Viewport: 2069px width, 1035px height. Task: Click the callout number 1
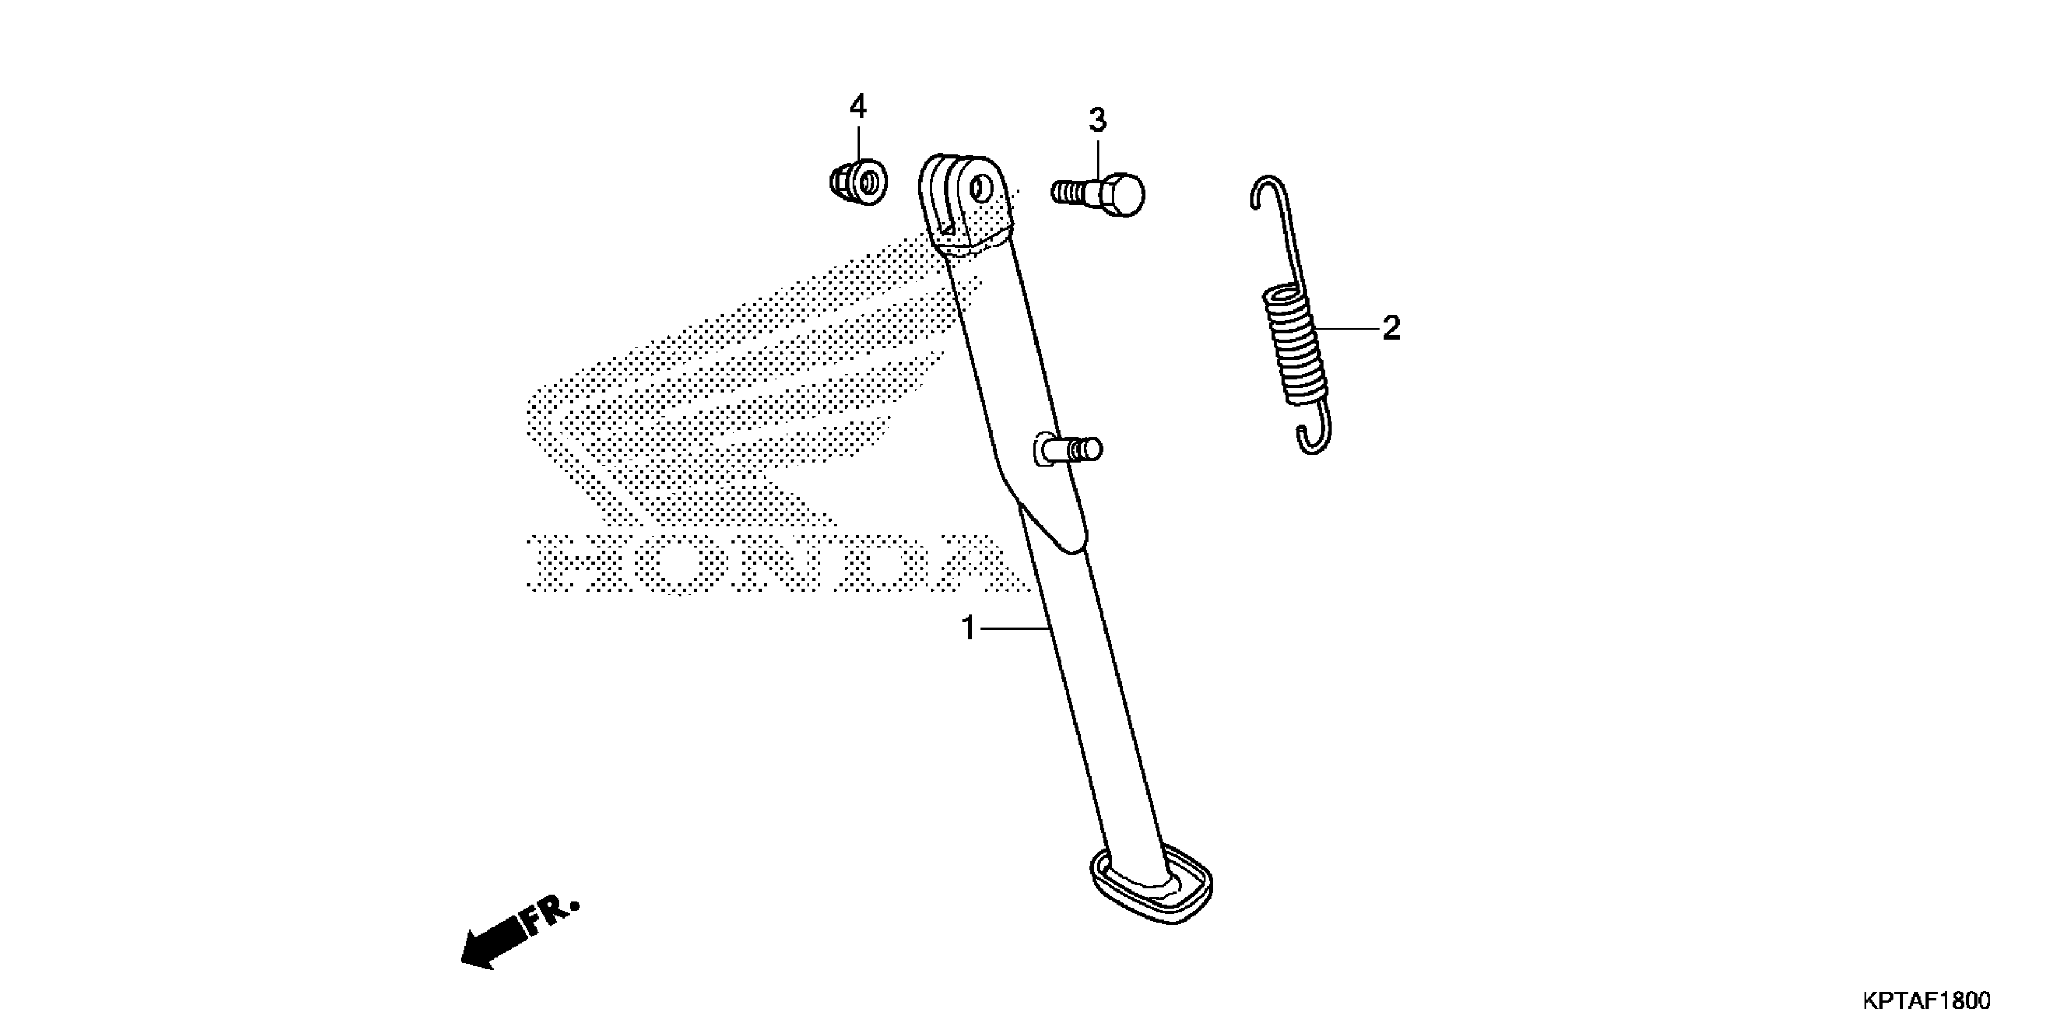968,628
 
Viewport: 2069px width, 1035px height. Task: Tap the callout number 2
1391,328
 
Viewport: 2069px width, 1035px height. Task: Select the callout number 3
1097,121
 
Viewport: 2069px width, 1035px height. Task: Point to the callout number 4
858,106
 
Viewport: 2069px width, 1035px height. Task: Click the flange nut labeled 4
859,181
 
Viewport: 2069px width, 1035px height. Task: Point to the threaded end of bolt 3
1068,193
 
